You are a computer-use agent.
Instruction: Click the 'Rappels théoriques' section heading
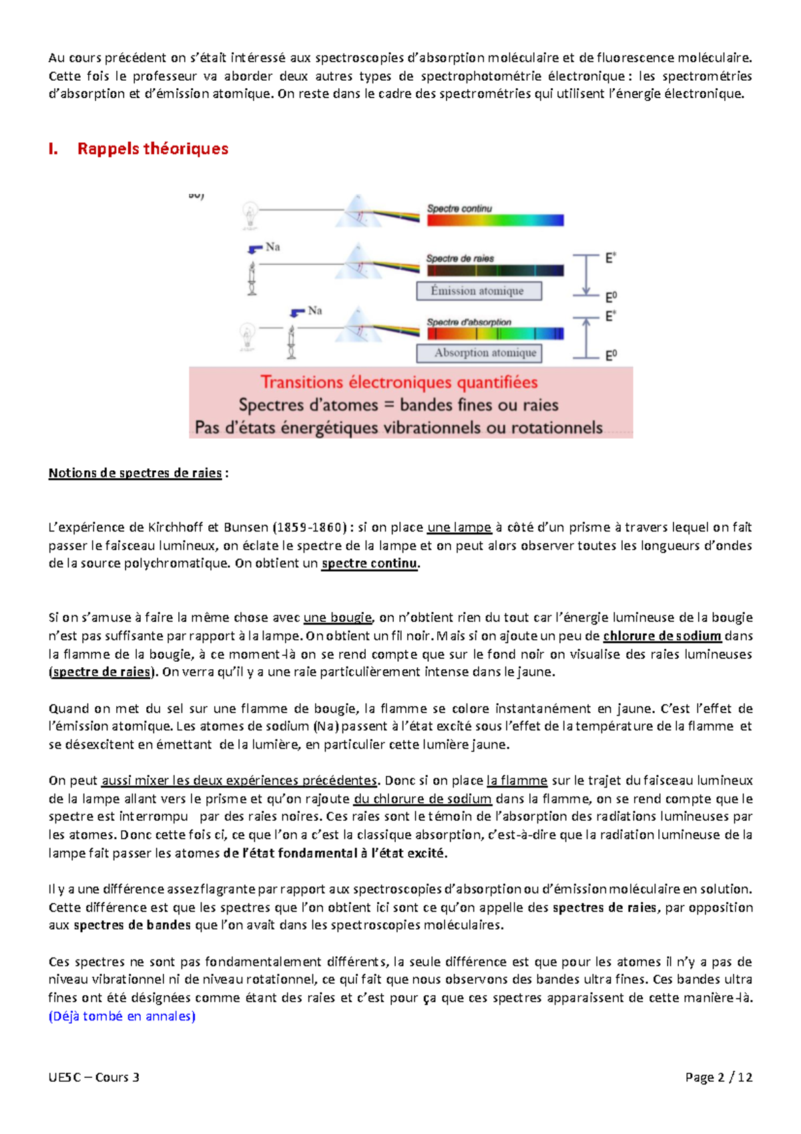pos(152,149)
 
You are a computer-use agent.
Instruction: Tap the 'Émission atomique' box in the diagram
pos(479,291)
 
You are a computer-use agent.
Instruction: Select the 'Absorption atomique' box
pos(479,353)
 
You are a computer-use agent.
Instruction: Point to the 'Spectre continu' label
pos(459,208)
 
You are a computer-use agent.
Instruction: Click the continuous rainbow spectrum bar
pos(495,220)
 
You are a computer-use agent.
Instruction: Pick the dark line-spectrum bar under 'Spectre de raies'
pos(495,270)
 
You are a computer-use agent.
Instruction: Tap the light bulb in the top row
pos(251,214)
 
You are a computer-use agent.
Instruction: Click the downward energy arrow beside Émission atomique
pos(586,274)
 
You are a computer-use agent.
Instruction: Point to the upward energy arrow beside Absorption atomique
pos(586,337)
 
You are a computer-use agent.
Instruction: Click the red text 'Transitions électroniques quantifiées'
pos(398,383)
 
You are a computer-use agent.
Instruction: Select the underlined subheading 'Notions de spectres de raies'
pos(135,474)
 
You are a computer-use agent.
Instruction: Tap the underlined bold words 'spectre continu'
pos(370,564)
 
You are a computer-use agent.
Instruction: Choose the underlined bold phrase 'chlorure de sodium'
pos(661,636)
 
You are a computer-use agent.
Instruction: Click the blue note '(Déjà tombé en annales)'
pos(122,1016)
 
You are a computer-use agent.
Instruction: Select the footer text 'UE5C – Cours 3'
pos(94,1077)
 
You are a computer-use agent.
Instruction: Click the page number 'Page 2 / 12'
pos(719,1077)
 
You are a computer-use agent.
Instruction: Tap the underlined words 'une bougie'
pos(337,618)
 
